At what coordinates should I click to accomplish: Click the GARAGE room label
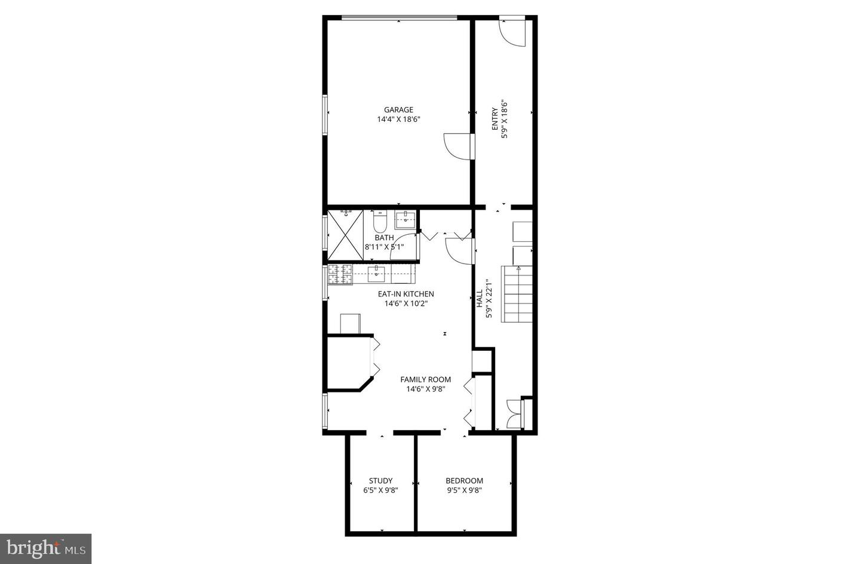click(x=398, y=110)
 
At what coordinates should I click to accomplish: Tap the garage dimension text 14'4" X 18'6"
click(x=398, y=119)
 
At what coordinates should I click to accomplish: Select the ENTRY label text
click(x=494, y=119)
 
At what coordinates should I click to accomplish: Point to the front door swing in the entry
click(x=512, y=33)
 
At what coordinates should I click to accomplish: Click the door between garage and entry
click(x=458, y=146)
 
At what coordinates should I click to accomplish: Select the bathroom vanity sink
click(x=406, y=219)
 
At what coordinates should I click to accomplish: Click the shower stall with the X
click(x=346, y=235)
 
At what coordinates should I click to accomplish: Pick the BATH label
click(x=385, y=238)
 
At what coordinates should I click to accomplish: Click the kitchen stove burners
click(x=340, y=274)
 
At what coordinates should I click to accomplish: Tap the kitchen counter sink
click(x=376, y=274)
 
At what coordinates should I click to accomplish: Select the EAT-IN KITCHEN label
click(x=406, y=294)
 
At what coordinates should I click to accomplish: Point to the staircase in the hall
click(x=517, y=295)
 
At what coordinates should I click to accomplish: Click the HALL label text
click(x=480, y=299)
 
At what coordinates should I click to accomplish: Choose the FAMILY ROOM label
click(x=425, y=379)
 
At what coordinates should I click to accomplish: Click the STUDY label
click(x=380, y=480)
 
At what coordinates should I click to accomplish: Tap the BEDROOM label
click(x=464, y=480)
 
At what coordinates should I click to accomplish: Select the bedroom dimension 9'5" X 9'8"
click(x=464, y=491)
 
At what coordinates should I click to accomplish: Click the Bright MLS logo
click(x=45, y=548)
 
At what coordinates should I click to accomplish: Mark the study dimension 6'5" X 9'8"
click(x=380, y=491)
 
